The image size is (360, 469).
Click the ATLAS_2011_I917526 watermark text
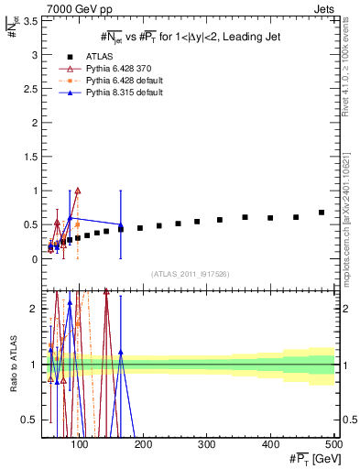pyautogui.click(x=190, y=273)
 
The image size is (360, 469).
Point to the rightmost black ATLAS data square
pyautogui.click(x=322, y=213)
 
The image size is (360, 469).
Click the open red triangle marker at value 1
pyautogui.click(x=78, y=191)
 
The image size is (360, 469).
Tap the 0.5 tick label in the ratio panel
pyautogui.click(x=31, y=420)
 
